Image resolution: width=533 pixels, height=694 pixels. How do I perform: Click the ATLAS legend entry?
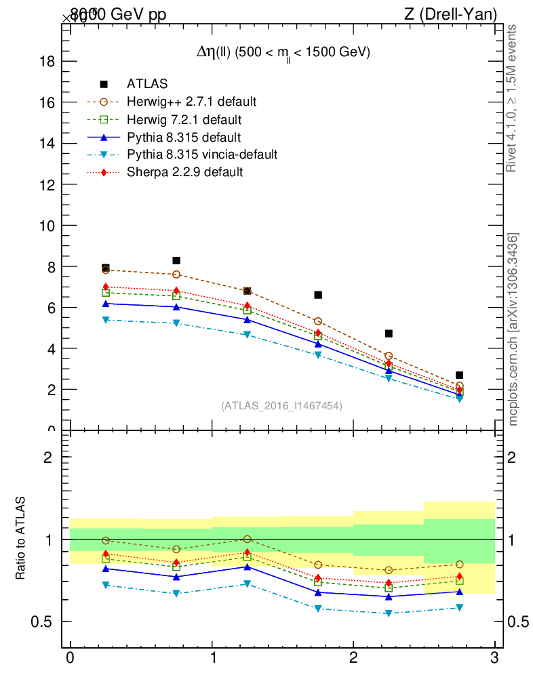pyautogui.click(x=147, y=84)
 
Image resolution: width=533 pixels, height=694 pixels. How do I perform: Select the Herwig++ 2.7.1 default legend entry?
pyautogui.click(x=191, y=102)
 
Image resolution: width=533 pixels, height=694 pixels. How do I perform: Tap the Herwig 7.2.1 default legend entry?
pyautogui.click(x=184, y=119)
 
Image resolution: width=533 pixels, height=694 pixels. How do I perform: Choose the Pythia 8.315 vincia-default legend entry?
pyautogui.click(x=202, y=155)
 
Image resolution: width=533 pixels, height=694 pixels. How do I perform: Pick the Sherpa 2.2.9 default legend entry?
pyautogui.click(x=184, y=172)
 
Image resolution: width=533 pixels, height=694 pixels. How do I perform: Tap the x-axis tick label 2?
pyautogui.click(x=353, y=658)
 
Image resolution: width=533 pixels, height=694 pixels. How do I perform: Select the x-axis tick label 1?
pyautogui.click(x=212, y=658)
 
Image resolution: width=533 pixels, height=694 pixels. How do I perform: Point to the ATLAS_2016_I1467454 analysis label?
pyautogui.click(x=281, y=405)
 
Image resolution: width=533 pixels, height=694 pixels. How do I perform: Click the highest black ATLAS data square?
pyautogui.click(x=176, y=260)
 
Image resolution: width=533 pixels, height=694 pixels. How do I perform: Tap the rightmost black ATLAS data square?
pyautogui.click(x=459, y=375)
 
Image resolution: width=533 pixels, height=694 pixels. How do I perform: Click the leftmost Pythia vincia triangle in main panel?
pyautogui.click(x=105, y=320)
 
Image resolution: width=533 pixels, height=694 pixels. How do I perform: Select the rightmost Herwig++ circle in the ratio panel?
pyautogui.click(x=459, y=564)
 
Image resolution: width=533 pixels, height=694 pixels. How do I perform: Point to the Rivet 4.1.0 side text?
pyautogui.click(x=513, y=98)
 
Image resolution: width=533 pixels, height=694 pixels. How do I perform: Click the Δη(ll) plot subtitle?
pyautogui.click(x=279, y=53)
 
